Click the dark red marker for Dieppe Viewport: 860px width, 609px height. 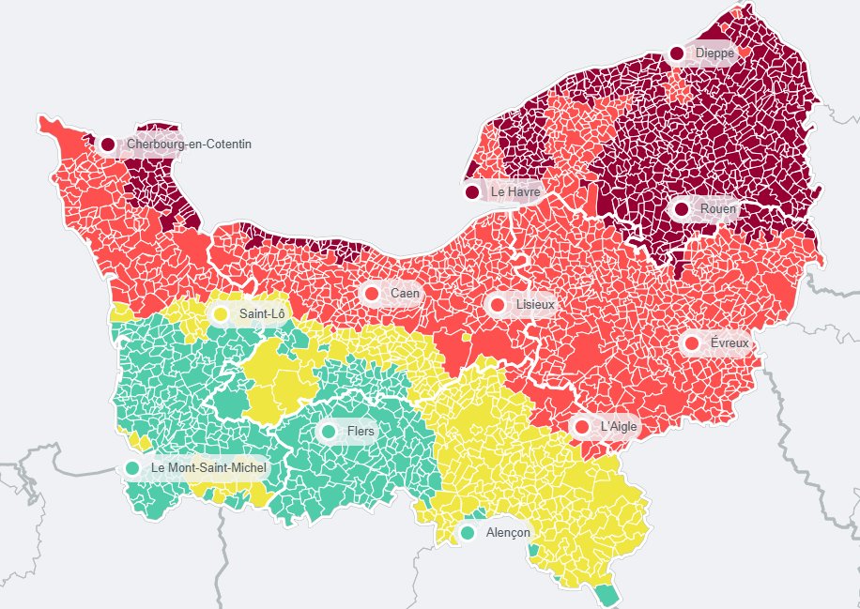click(677, 53)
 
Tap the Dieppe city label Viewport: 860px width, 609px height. click(714, 53)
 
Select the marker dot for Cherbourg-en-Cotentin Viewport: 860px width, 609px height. click(108, 145)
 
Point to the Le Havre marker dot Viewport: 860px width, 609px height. click(472, 192)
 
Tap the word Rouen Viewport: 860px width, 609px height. click(718, 208)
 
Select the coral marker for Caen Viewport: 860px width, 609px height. click(372, 294)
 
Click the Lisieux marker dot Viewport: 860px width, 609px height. click(498, 305)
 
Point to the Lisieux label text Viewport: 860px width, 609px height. click(535, 305)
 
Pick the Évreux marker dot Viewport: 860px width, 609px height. click(692, 343)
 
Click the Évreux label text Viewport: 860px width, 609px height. click(729, 343)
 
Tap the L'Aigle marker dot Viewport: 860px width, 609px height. click(581, 427)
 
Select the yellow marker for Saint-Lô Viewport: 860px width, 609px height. click(221, 313)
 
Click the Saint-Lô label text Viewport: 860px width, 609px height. click(262, 313)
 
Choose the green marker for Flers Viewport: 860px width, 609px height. click(329, 432)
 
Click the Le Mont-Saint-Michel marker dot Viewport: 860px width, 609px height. click(132, 467)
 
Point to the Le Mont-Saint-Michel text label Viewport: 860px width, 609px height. click(208, 467)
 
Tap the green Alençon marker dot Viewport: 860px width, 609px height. click(468, 533)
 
